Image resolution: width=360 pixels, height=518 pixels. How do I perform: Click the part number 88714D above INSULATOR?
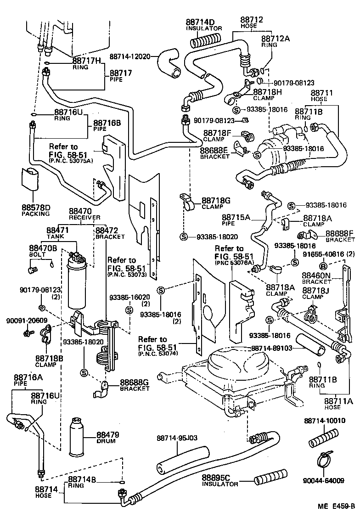(200, 22)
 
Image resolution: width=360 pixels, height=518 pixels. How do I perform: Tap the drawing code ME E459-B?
(337, 506)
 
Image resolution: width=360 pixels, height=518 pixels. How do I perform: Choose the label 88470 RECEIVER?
(81, 214)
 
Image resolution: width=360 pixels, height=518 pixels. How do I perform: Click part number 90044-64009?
(323, 481)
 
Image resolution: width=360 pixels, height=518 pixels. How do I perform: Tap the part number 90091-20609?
(23, 321)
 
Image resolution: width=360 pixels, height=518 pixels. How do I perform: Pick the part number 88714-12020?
(130, 56)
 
